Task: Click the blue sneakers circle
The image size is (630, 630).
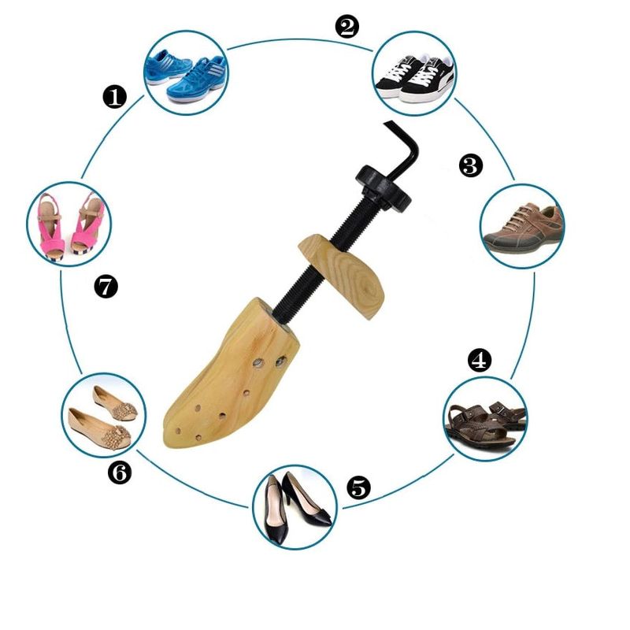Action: tap(186, 73)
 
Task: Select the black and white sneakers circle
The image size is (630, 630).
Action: tap(415, 73)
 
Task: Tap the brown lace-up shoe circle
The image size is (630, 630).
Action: tap(523, 226)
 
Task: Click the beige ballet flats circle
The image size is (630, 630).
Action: tap(104, 415)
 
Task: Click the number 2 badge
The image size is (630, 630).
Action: tap(347, 28)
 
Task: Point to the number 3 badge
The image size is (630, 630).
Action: tap(470, 165)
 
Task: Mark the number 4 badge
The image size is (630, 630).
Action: tap(479, 361)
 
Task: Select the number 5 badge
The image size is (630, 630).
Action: tap(358, 487)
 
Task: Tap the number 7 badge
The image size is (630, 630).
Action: tap(106, 287)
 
